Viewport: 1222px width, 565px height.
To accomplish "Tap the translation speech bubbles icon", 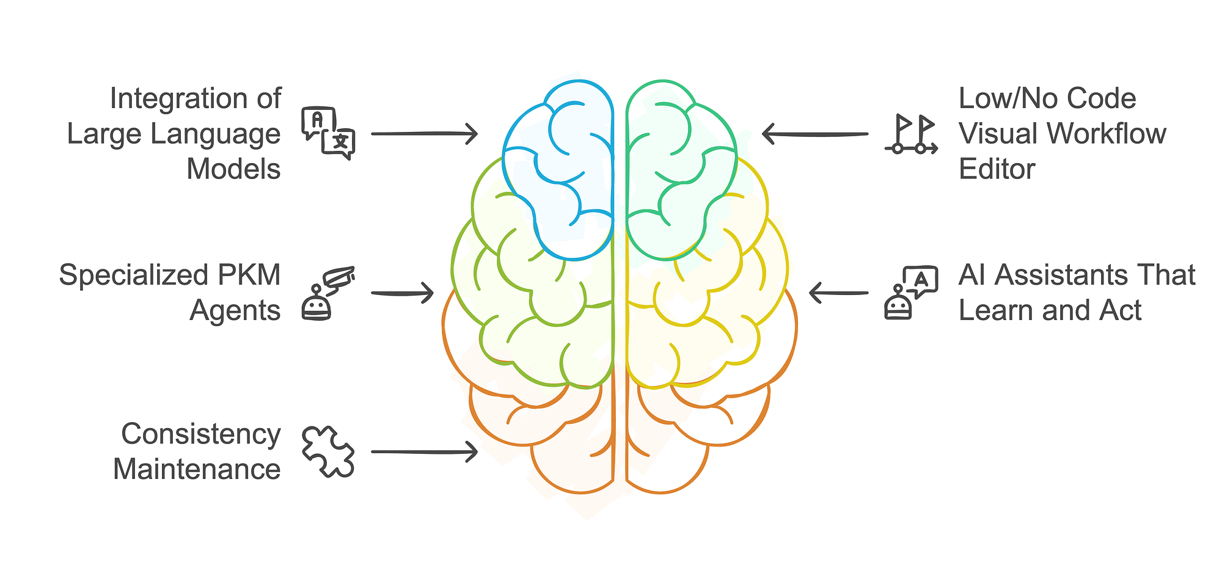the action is [328, 133].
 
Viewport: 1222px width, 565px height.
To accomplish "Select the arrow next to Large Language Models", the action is [424, 133].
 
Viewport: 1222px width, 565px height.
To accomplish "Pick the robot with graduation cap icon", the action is [328, 293].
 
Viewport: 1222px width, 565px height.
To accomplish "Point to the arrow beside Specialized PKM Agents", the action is [403, 293].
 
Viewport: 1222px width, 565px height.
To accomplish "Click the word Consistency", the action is [200, 434].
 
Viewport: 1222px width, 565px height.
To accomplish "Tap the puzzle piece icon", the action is [328, 451].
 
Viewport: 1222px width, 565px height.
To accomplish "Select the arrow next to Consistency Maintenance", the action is [424, 452].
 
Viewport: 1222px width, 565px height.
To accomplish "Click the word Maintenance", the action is [197, 470].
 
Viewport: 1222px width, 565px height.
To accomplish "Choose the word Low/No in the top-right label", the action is [1000, 98].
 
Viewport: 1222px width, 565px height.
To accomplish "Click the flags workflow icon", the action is [911, 134].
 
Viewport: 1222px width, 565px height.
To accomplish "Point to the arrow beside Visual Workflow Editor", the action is [815, 133].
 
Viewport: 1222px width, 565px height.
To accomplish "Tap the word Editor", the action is [997, 169].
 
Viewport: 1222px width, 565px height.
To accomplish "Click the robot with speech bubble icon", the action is [911, 293].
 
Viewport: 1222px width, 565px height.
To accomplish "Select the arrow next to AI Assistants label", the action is [838, 293].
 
